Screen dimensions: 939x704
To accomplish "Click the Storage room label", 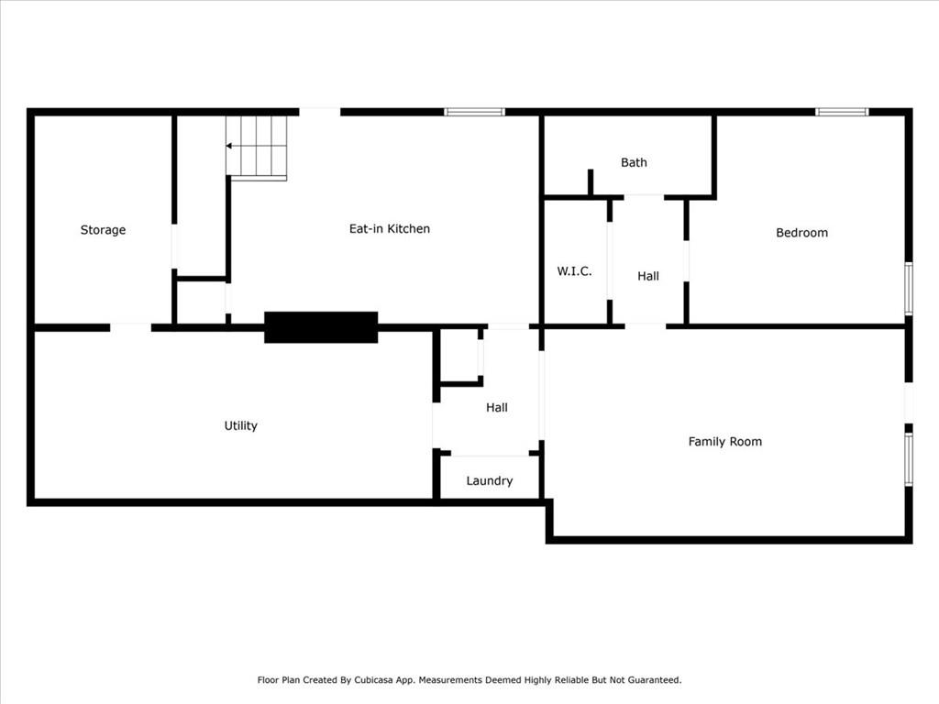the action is [103, 230].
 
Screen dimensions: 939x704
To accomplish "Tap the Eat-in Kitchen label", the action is [389, 228].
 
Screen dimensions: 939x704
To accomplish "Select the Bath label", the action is [634, 162].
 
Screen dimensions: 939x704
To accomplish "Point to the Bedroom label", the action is [801, 232].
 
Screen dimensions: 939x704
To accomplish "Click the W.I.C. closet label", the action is [574, 271].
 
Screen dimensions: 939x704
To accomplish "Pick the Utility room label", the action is [241, 425].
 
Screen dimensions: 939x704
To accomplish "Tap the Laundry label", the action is [490, 480].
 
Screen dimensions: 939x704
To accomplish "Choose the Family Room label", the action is [725, 442].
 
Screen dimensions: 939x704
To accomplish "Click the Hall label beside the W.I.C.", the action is [648, 276].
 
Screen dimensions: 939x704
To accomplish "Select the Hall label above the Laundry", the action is [496, 408].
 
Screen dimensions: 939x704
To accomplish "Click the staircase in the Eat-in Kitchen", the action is [257, 148].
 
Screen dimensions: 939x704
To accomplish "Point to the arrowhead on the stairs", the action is [228, 146].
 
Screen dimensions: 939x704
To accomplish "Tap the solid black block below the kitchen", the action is [321, 327].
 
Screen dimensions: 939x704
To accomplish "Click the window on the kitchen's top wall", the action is [474, 112].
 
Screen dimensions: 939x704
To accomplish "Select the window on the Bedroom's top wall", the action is [842, 112].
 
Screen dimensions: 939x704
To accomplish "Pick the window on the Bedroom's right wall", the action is [909, 289].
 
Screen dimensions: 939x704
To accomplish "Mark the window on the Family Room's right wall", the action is [909, 460].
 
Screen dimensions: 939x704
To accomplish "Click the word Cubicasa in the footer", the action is [374, 680].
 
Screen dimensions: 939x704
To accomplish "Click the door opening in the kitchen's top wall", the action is [320, 112].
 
